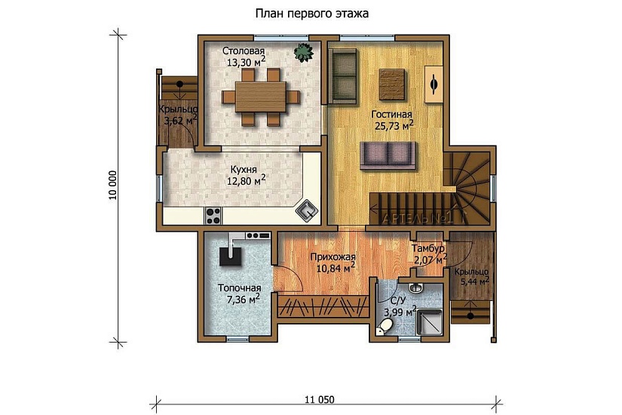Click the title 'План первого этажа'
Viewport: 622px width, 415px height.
coord(312,14)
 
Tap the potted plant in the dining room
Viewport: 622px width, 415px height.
coord(304,52)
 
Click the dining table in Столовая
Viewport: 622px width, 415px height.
coord(261,97)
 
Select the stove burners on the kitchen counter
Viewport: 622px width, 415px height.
coord(213,217)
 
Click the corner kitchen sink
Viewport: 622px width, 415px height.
coord(307,211)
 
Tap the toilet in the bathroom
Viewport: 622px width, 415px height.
coord(385,327)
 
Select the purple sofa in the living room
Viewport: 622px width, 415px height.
coord(388,155)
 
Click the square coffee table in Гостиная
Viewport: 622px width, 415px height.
coord(392,85)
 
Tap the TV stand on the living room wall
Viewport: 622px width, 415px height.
coord(434,85)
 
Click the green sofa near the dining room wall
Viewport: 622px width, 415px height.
coord(344,76)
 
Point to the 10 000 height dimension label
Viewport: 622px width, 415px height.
coord(113,185)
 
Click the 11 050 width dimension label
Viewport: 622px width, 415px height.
coord(320,399)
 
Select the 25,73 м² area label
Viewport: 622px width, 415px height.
coord(394,126)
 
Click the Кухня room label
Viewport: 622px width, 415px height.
coord(244,170)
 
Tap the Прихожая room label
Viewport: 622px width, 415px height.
coord(332,257)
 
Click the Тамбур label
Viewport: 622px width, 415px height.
coord(427,249)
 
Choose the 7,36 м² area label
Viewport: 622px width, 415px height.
coord(243,299)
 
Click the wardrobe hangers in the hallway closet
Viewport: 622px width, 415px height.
coord(323,306)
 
